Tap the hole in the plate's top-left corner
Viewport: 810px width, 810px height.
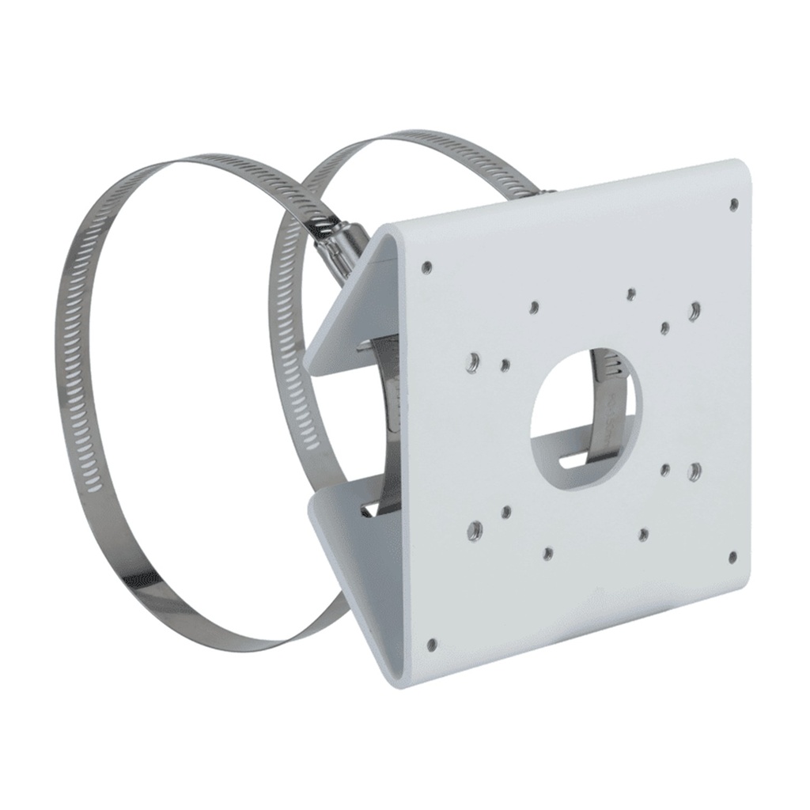[427, 267]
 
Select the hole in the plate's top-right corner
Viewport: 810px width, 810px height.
[734, 203]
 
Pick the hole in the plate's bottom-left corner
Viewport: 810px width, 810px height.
[431, 645]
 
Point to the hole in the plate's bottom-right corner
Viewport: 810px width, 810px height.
[732, 557]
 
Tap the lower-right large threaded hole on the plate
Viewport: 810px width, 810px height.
[694, 471]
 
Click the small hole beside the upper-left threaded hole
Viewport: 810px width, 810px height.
[505, 365]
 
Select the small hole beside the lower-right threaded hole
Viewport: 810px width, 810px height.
[665, 470]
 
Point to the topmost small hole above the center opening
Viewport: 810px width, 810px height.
[630, 295]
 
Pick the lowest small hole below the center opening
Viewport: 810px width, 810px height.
[547, 552]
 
